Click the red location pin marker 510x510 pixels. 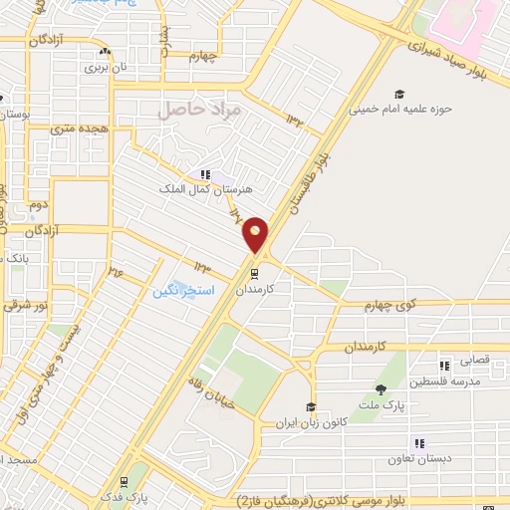point(256,234)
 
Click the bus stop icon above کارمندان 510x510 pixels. point(256,270)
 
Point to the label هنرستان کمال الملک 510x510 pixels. point(204,186)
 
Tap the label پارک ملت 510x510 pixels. point(381,403)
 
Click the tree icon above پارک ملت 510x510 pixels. point(381,388)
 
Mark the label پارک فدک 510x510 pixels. point(128,495)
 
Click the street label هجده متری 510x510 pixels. point(77,127)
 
